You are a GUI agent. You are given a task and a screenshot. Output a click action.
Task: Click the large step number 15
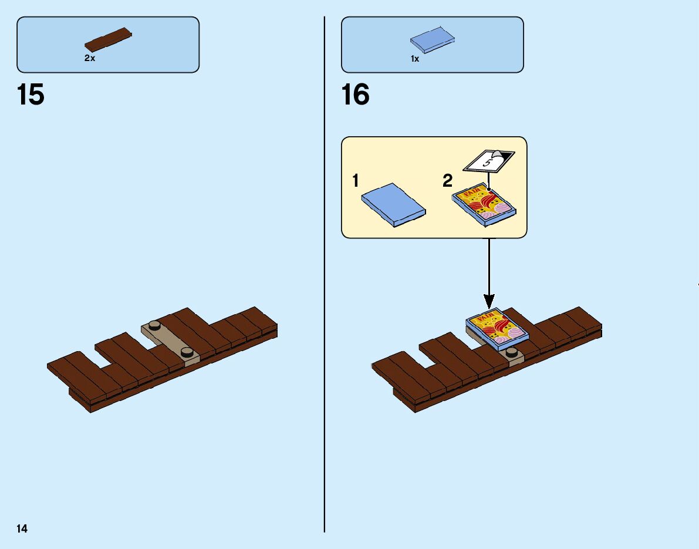pyautogui.click(x=31, y=95)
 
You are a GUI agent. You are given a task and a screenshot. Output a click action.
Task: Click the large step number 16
pyautogui.click(x=355, y=95)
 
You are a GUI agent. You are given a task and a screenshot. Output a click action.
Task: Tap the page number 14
pyautogui.click(x=22, y=528)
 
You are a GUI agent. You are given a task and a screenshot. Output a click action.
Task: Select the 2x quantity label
pyautogui.click(x=90, y=58)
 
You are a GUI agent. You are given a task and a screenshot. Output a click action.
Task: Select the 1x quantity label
pyautogui.click(x=415, y=59)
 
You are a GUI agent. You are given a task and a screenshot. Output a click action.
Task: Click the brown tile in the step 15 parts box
pyautogui.click(x=109, y=39)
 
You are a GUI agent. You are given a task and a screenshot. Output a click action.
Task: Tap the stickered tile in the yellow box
pyautogui.click(x=484, y=206)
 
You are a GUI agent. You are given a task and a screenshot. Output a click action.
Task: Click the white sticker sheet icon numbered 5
pyautogui.click(x=488, y=160)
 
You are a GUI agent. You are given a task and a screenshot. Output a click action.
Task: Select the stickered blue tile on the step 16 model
pyautogui.click(x=497, y=329)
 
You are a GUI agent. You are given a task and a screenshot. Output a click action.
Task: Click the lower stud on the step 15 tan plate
pyautogui.click(x=187, y=352)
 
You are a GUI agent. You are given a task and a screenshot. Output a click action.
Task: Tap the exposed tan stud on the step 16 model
pyautogui.click(x=512, y=352)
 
